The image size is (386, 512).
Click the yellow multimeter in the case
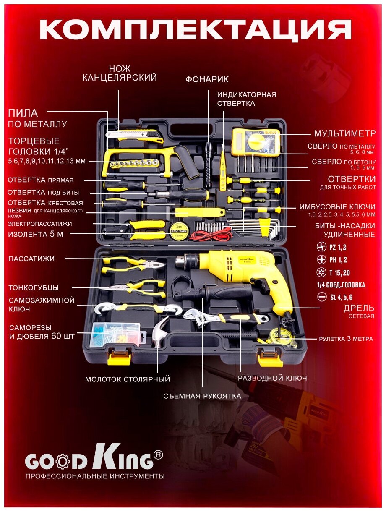255,142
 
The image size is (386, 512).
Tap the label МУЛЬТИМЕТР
344,133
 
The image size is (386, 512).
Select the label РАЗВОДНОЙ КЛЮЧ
272,378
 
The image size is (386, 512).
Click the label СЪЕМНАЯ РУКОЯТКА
202,396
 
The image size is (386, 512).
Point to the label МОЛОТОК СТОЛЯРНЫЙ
128,379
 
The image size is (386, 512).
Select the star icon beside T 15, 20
322,273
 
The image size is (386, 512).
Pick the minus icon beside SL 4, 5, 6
322,298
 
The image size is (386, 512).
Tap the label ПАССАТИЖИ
31,259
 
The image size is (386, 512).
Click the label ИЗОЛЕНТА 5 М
36,234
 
